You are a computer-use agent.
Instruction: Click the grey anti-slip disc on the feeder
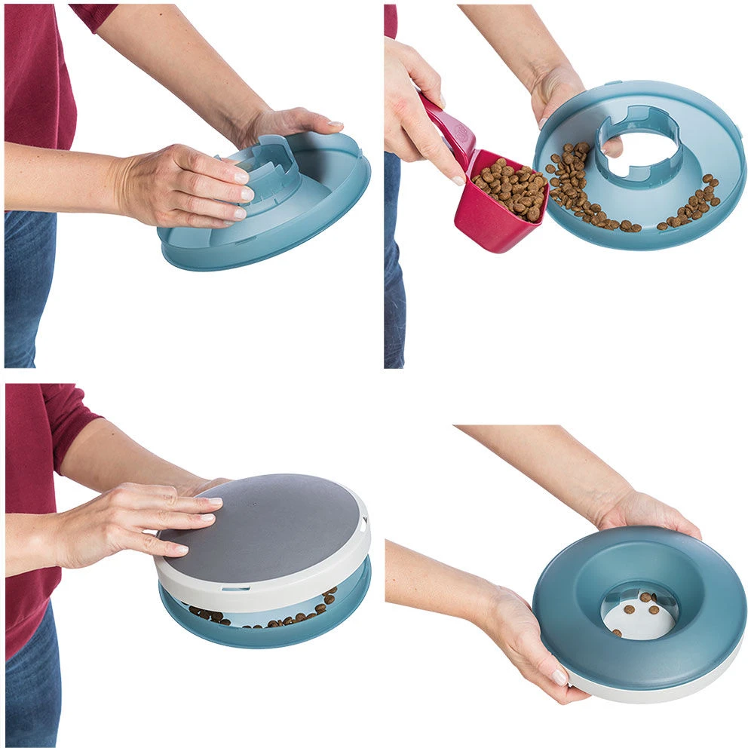click(264, 520)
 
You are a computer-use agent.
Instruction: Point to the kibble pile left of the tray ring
click(573, 185)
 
